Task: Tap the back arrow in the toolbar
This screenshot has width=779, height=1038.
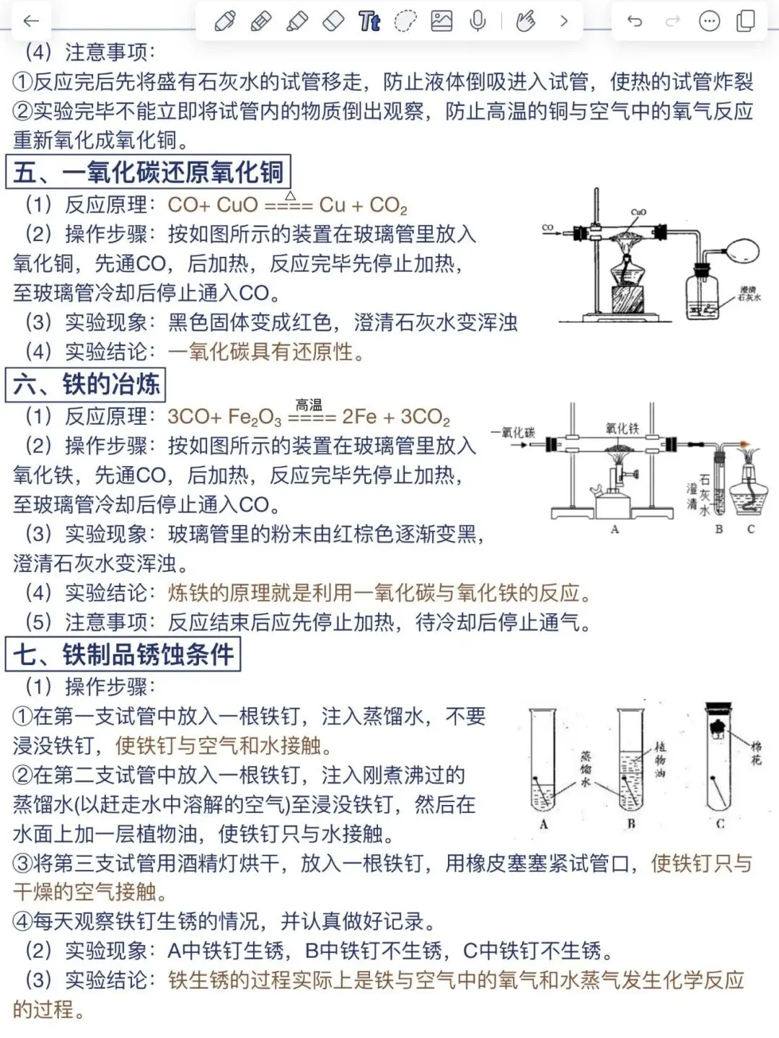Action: pos(31,22)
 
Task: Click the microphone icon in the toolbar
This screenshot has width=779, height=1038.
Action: pos(477,22)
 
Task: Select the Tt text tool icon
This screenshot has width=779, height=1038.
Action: pos(369,22)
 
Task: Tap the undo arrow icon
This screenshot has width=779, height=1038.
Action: pos(635,22)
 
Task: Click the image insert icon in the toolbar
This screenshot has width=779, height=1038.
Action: pos(441,22)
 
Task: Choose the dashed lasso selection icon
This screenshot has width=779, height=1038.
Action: pos(405,22)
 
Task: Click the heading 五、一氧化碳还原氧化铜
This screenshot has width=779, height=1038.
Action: pos(149,172)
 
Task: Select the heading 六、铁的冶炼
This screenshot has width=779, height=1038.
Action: pos(87,384)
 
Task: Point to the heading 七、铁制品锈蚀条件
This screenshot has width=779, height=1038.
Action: pos(123,654)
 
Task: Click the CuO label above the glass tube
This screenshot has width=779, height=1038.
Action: pos(638,212)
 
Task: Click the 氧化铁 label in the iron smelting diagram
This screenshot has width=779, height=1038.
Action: pos(622,428)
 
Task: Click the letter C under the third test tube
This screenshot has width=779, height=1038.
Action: pos(720,824)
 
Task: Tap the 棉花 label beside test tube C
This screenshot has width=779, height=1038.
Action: pos(756,752)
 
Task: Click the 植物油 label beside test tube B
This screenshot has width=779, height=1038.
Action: pos(660,759)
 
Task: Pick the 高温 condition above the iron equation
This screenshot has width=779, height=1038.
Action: pos(309,405)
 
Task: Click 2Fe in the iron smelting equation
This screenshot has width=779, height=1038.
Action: pos(359,417)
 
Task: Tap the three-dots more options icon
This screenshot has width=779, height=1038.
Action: pos(710,22)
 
